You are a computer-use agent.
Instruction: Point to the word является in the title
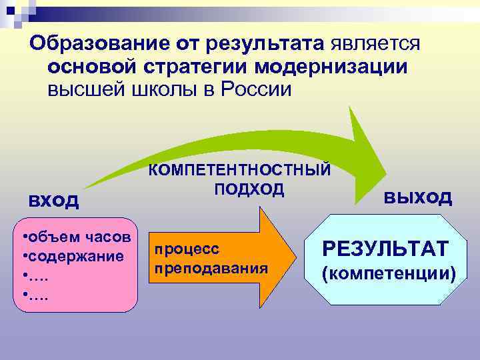pyautogui.click(x=374, y=44)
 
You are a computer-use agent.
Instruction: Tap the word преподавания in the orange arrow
pyautogui.click(x=211, y=267)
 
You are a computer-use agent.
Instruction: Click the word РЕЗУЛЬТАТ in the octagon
pyautogui.click(x=385, y=249)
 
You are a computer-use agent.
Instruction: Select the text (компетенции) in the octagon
pyautogui.click(x=389, y=273)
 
